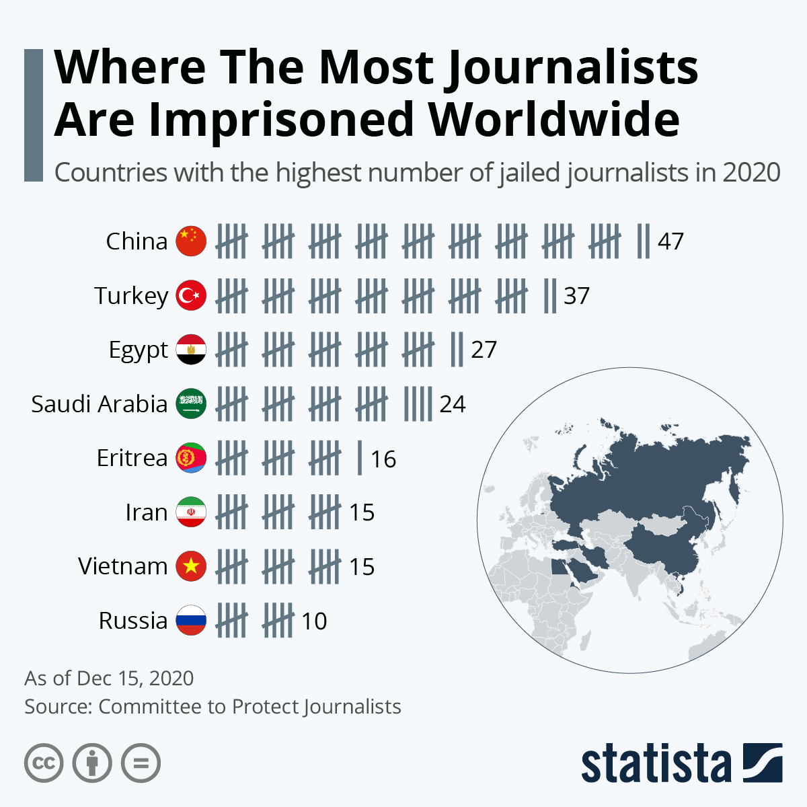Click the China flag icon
(191, 241)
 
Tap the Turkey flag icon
(191, 296)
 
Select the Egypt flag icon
(191, 350)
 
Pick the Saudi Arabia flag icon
(191, 404)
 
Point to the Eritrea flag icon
(191, 458)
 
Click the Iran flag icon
(191, 512)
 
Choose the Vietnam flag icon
(191, 566)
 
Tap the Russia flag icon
(191, 621)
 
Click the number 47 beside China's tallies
(670, 241)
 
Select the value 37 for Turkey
(576, 296)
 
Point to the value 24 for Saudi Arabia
(453, 404)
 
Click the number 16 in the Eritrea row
(383, 459)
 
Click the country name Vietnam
(122, 566)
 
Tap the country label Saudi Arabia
(99, 404)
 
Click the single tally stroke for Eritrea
(360, 458)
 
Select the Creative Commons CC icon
(44, 763)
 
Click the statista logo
(681, 763)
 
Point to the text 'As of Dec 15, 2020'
(109, 678)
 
